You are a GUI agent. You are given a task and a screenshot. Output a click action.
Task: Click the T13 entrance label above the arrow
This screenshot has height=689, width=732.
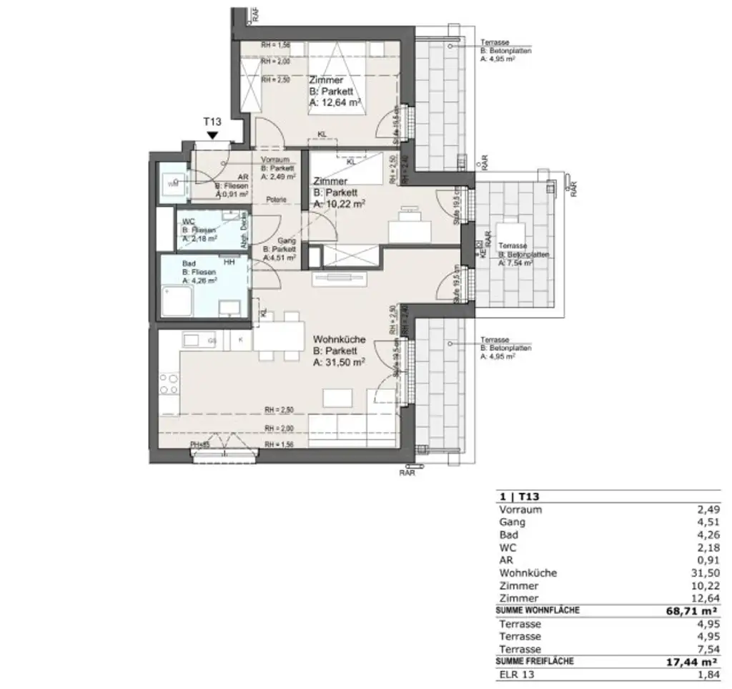coord(212,122)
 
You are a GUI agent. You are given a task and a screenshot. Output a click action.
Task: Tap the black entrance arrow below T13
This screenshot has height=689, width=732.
coord(212,135)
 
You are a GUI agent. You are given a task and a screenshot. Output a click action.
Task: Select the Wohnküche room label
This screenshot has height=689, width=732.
coord(340,340)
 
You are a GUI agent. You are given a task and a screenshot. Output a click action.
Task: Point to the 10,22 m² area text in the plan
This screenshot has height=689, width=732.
coord(340,204)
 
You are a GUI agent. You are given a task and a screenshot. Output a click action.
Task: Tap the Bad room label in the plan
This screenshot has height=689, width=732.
coord(189,263)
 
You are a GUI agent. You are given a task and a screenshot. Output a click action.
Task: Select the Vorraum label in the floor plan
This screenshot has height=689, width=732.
coord(275,159)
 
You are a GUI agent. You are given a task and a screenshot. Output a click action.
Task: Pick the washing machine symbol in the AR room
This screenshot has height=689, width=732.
coord(172,184)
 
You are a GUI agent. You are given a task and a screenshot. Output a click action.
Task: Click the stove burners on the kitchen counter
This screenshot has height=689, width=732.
coord(169,383)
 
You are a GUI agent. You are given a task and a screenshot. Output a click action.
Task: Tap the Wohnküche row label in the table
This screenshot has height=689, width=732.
coord(527,572)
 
